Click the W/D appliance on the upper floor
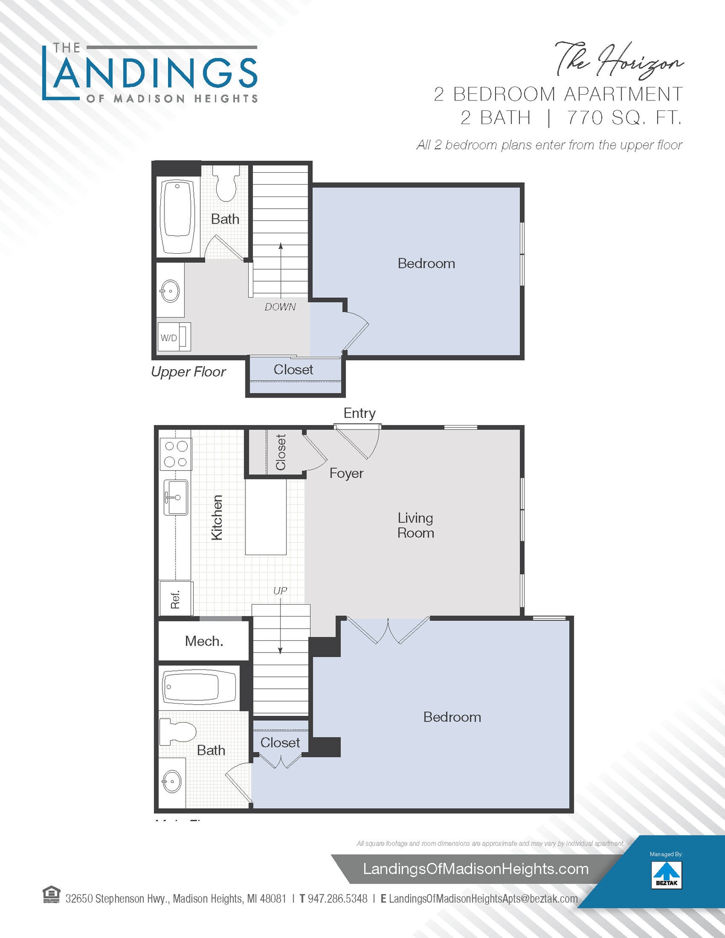coord(174,338)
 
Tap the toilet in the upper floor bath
coord(227,184)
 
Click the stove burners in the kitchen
coord(176,454)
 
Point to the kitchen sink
coord(176,497)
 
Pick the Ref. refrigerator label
coord(175,599)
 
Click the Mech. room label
coord(204,641)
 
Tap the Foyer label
coord(346,473)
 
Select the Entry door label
coord(360,413)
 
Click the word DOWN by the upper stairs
coord(280,307)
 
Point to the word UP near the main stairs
coord(280,591)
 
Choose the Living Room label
coord(415,525)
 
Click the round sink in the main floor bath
coord(172,781)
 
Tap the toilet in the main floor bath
coord(178,732)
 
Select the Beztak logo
coord(666,875)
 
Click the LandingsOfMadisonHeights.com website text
coord(475,869)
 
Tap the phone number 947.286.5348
coord(338,899)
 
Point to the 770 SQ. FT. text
coord(624,118)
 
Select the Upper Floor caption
coord(188,371)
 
